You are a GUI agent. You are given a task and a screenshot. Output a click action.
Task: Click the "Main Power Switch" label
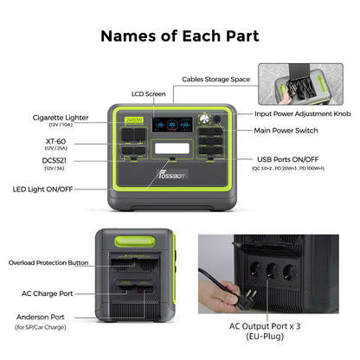pos(293,132)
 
